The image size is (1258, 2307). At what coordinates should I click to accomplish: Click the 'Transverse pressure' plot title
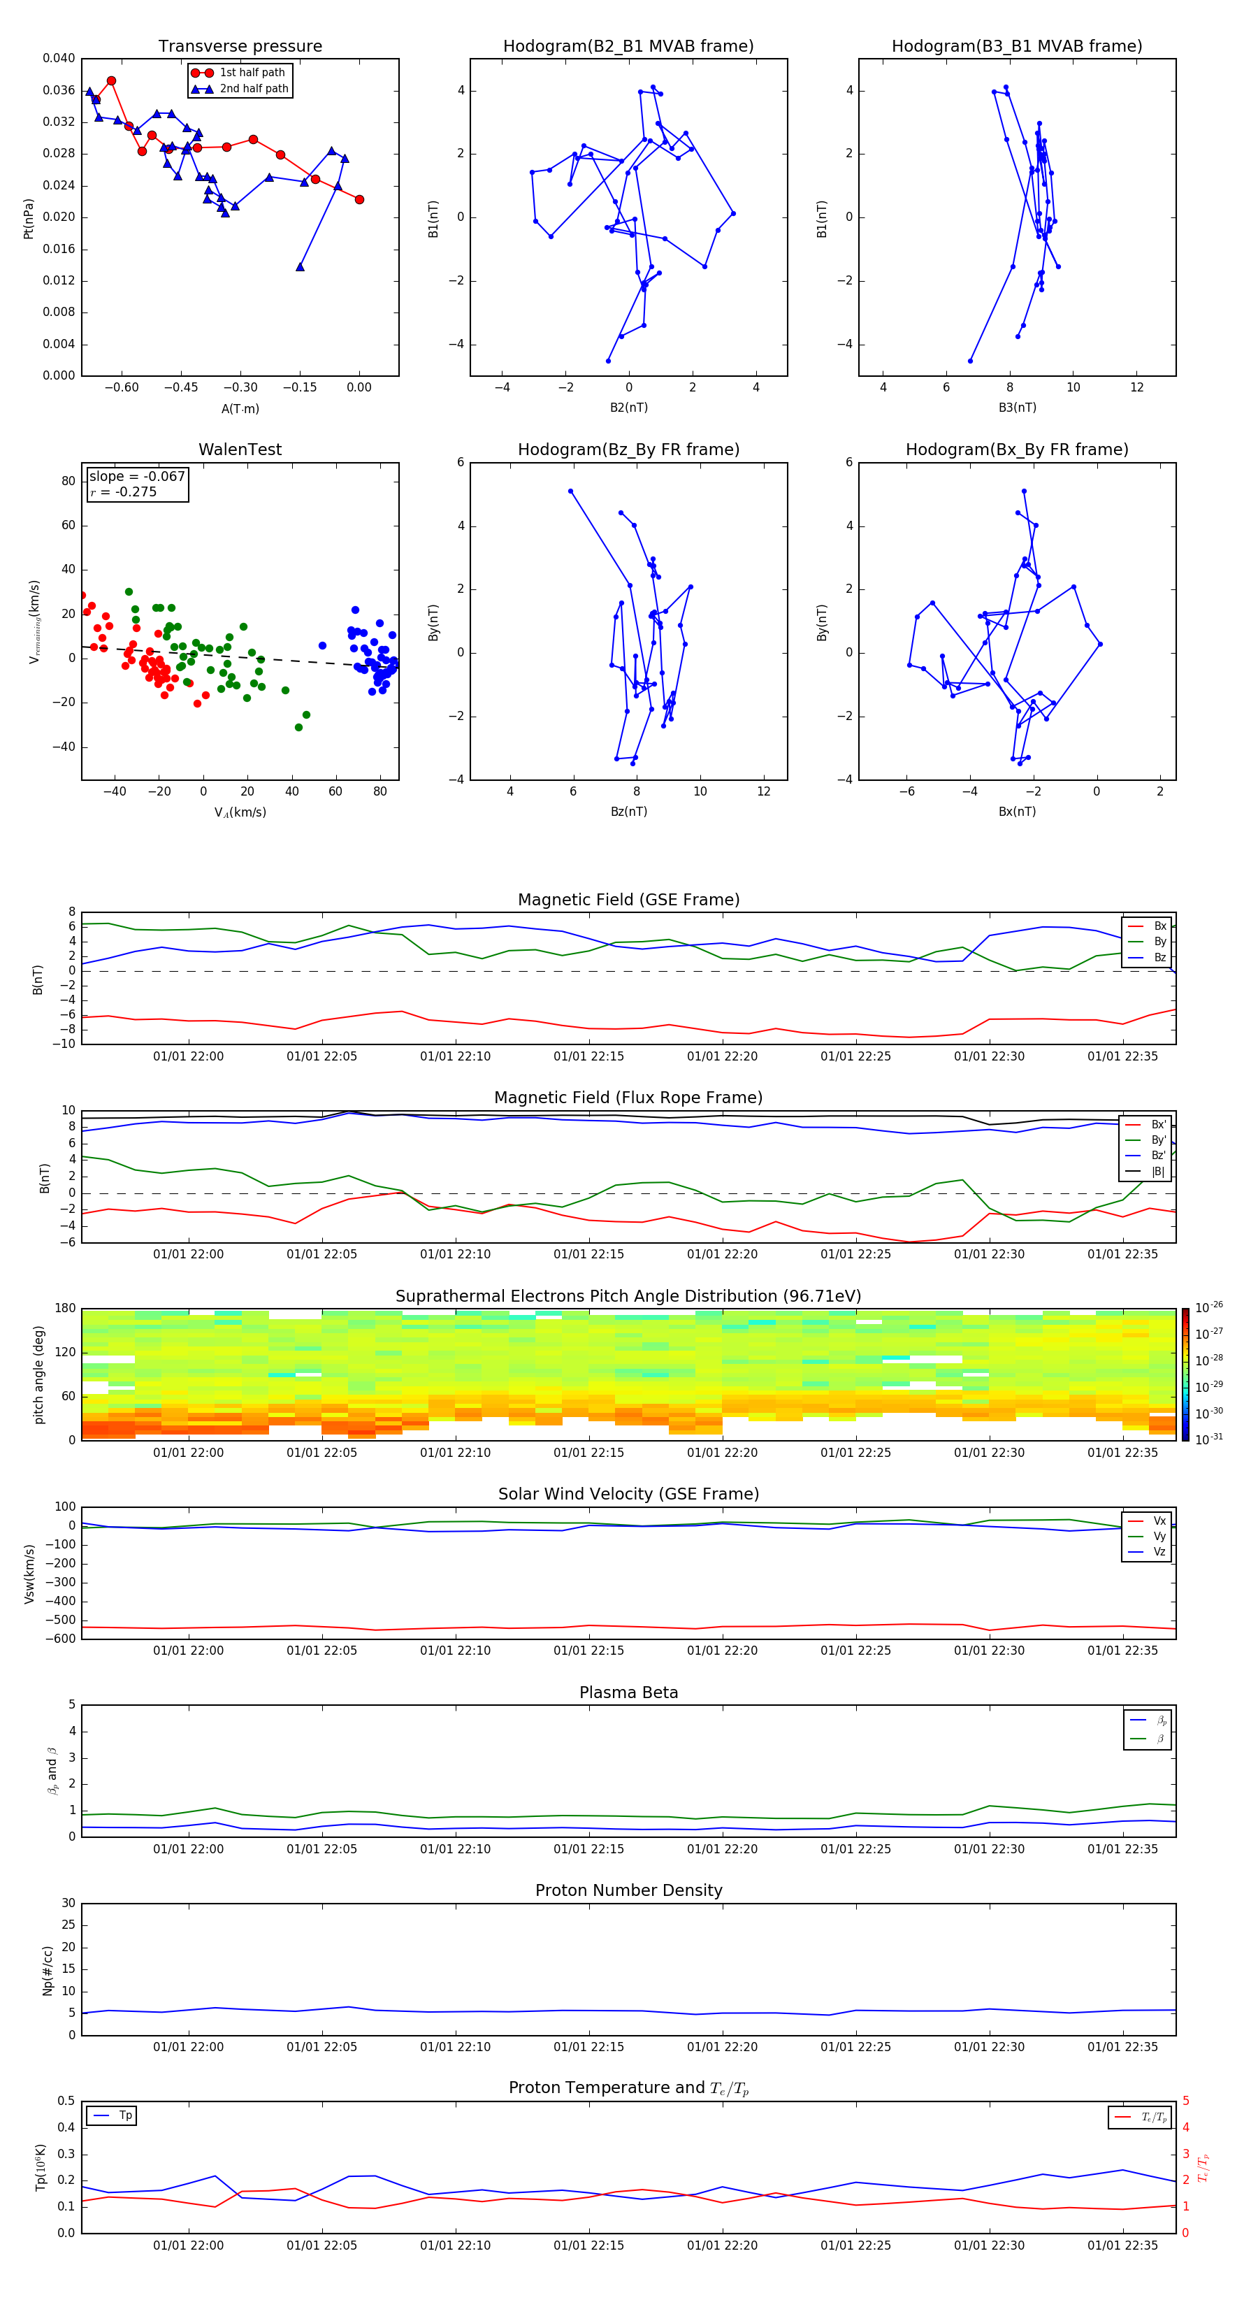240,45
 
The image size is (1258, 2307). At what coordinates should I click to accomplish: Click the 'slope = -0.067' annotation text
137,477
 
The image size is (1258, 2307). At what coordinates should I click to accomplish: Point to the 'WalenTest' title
240,450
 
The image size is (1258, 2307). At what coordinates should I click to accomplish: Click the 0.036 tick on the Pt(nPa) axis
59,90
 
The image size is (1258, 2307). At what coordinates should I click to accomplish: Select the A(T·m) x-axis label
240,408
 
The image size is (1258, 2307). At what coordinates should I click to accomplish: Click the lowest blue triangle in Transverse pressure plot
300,267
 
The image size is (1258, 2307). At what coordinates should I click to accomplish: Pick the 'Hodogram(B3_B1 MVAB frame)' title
1016,45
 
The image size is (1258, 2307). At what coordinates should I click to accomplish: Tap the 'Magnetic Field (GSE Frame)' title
628,900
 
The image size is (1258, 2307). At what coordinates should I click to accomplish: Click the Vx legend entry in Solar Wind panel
1159,1521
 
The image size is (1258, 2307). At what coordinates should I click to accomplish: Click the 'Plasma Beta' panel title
628,1692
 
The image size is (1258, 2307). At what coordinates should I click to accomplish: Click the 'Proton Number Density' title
628,1890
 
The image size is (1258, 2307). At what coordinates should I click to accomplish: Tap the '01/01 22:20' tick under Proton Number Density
722,2046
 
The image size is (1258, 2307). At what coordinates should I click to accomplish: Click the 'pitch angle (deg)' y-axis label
39,1374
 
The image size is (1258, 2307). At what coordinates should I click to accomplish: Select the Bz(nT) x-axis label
628,812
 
